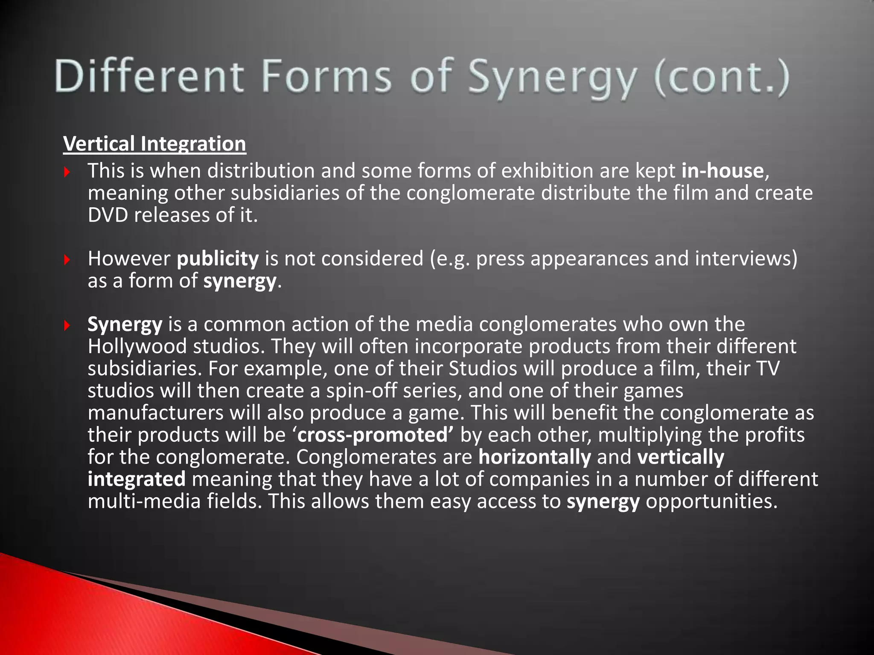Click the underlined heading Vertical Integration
pyautogui.click(x=154, y=144)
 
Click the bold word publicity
pyautogui.click(x=218, y=259)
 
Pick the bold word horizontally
pyautogui.click(x=534, y=457)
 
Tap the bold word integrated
pyautogui.click(x=137, y=479)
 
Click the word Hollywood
pyautogui.click(x=137, y=346)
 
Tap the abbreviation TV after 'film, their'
pyautogui.click(x=767, y=368)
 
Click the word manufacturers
pyautogui.click(x=155, y=413)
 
